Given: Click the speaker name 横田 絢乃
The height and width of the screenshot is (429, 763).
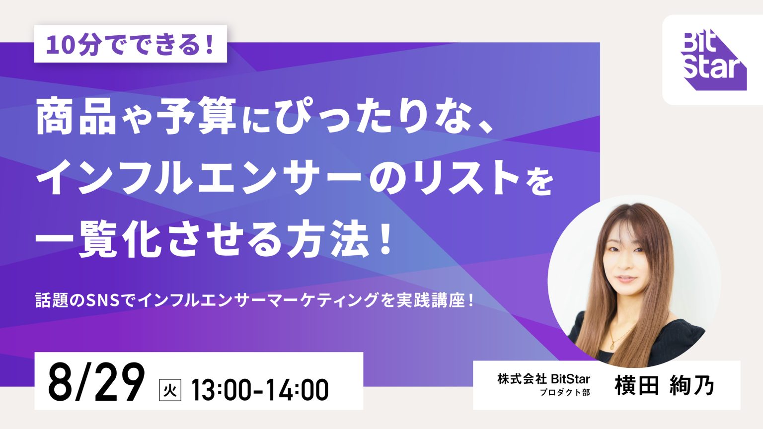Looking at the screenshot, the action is [664, 386].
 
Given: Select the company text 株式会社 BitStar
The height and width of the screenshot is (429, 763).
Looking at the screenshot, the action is [543, 379].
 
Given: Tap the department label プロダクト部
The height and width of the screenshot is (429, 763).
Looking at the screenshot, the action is [565, 393].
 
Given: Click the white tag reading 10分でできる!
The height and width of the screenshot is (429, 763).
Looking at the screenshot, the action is [131, 44].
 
